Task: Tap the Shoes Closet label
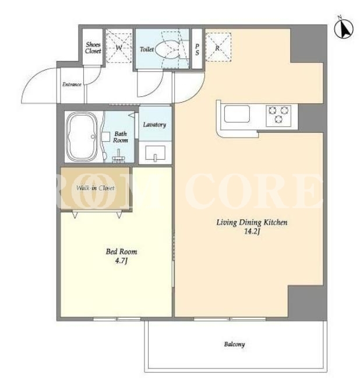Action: (x=93, y=48)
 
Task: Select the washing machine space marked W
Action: (x=119, y=48)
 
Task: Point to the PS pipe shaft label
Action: (x=197, y=50)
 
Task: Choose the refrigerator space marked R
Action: (x=218, y=47)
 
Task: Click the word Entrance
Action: (x=72, y=85)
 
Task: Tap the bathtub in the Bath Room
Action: (x=82, y=137)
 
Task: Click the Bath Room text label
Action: (x=121, y=137)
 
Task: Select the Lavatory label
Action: (x=154, y=125)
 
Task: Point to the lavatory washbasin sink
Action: (x=155, y=153)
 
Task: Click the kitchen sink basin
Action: (x=237, y=114)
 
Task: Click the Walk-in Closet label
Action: (x=95, y=188)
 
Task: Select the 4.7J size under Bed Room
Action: (x=121, y=261)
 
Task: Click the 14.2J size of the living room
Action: (x=252, y=231)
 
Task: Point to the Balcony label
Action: (x=234, y=345)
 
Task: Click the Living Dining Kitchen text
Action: (x=252, y=223)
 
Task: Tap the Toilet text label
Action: (x=147, y=49)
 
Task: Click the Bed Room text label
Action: (x=121, y=252)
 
